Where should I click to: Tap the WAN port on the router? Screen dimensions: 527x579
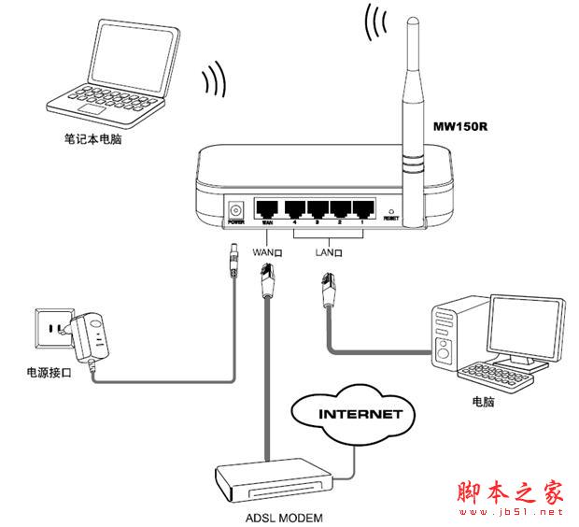[268, 208]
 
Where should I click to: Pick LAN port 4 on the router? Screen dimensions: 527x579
[296, 208]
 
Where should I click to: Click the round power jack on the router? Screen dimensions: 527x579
[235, 209]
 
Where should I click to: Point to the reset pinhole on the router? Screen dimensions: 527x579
[390, 212]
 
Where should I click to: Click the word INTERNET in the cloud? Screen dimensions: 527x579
[360, 412]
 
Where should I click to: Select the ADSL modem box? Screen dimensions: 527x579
[273, 481]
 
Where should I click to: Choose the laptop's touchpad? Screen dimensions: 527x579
[92, 109]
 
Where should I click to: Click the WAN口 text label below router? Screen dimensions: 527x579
[268, 252]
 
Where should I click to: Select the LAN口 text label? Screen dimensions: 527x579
[327, 252]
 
